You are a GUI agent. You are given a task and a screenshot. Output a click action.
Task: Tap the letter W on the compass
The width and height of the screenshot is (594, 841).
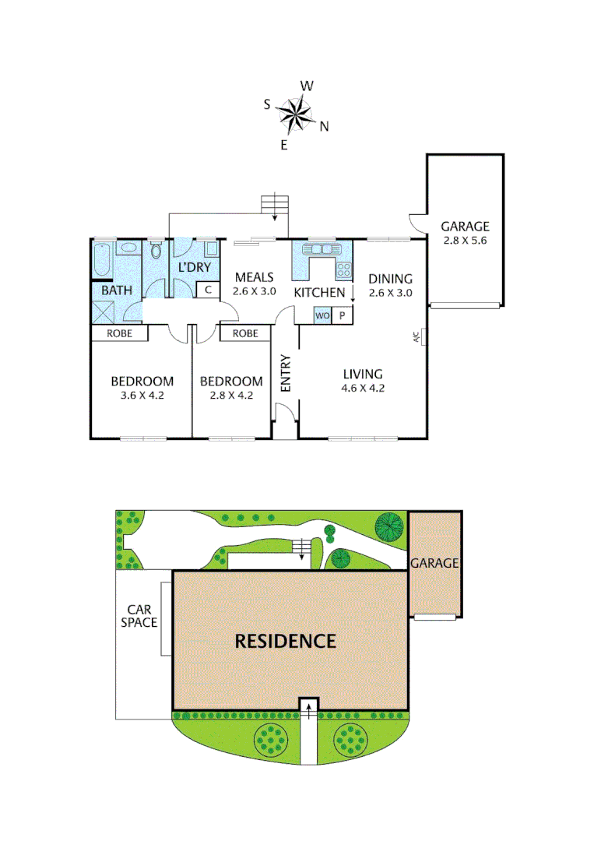[x=307, y=86]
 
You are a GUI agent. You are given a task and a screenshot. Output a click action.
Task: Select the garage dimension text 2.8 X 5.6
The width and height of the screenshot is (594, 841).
[x=464, y=241]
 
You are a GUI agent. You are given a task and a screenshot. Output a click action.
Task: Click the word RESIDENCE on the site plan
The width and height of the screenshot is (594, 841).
[x=286, y=641]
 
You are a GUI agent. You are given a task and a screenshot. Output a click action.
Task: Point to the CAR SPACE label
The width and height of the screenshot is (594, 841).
[x=139, y=616]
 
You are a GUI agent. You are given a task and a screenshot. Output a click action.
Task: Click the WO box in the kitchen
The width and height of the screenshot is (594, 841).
[x=323, y=315]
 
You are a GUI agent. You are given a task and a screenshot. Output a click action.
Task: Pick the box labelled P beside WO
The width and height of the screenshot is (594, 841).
[x=343, y=315]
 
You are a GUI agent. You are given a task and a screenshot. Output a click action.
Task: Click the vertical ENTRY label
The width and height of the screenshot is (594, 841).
[x=285, y=373]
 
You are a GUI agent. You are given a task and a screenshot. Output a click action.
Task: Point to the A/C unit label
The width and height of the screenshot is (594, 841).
[x=417, y=337]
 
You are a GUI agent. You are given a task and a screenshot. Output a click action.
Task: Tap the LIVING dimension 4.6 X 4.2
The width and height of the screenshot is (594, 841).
[x=364, y=388]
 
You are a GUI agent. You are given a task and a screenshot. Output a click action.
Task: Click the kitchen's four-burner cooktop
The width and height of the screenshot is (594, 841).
[x=343, y=270]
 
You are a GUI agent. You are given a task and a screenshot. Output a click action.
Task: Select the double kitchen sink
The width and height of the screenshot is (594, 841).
[x=319, y=249]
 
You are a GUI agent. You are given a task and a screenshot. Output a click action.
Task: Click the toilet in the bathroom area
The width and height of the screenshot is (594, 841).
[x=156, y=250]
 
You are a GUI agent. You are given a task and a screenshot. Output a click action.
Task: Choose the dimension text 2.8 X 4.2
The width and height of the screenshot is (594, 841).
[x=231, y=395]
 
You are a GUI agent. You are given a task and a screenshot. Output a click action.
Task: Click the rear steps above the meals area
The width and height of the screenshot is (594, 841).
[x=274, y=205]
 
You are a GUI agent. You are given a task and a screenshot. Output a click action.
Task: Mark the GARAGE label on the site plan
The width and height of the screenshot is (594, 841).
[x=434, y=563]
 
